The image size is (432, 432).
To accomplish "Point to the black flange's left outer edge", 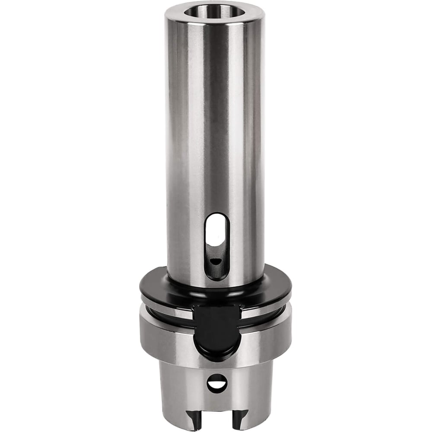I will tap(143, 290).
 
